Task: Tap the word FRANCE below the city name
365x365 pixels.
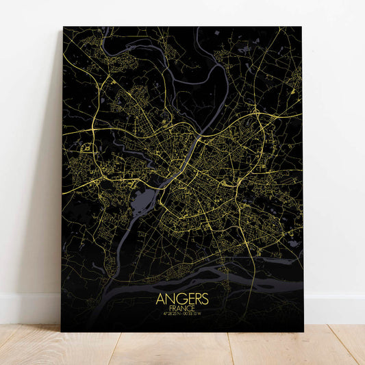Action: pyautogui.click(x=181, y=309)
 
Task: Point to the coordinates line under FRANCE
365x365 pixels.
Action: pyautogui.click(x=181, y=316)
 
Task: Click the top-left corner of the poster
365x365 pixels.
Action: pyautogui.click(x=63, y=27)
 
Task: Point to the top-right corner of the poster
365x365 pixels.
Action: pyautogui.click(x=301, y=27)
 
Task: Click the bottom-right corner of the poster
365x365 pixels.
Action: pyautogui.click(x=303, y=332)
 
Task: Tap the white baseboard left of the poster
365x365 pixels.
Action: pyautogui.click(x=27, y=308)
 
